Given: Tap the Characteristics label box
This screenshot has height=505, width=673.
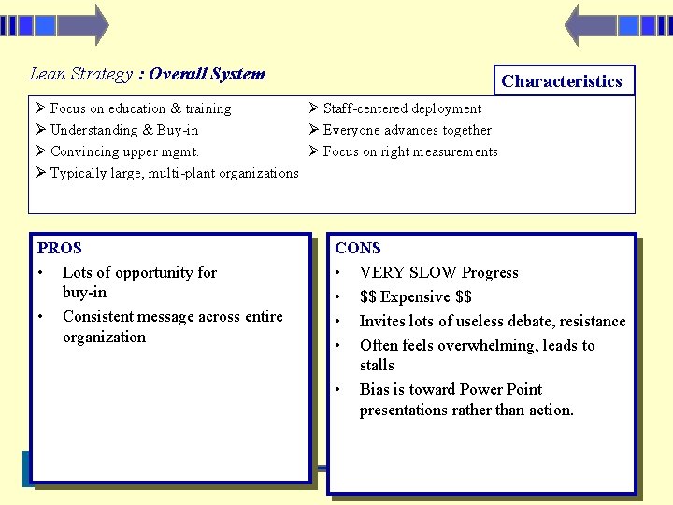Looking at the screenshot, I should pos(562,81).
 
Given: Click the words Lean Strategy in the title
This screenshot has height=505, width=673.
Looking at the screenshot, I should pos(81,74).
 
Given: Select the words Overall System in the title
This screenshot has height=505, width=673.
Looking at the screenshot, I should pos(207,74).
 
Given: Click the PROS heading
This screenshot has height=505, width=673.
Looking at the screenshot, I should pos(60,248).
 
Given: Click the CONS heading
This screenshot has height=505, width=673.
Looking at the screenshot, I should pos(358,248).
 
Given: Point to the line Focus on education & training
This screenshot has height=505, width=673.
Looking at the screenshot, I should pos(140,108).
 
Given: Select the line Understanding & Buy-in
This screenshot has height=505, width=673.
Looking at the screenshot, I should pos(123,130).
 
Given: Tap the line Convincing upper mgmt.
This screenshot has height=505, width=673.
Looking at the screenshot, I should pos(124,151).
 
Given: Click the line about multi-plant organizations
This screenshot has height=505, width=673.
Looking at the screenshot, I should pos(174,173).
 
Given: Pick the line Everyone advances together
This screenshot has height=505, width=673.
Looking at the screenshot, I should pos(407,130).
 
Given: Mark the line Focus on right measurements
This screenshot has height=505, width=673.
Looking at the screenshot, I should pos(410,151).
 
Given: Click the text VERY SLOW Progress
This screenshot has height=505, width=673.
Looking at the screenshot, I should pos(438,273).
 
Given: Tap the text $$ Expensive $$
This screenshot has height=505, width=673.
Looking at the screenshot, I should pos(416,297).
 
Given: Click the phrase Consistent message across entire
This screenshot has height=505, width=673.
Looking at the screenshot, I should pos(172,317).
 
